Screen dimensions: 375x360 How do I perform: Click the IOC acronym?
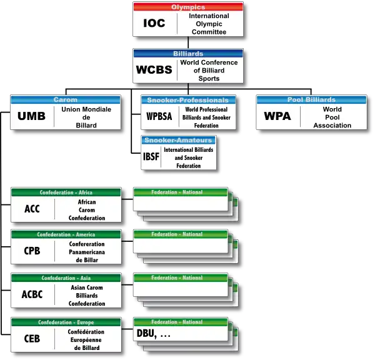[x=154, y=23]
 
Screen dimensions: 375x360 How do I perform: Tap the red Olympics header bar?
[x=188, y=7]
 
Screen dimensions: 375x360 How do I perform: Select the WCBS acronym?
[x=154, y=69]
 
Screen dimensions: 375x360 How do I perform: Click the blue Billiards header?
[x=188, y=54]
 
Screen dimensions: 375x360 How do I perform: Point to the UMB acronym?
[x=32, y=116]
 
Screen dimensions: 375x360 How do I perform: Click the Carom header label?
[x=66, y=100]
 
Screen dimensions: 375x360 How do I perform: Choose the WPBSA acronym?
[x=159, y=116]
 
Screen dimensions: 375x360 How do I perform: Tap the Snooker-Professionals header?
[x=188, y=100]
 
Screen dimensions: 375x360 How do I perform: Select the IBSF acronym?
[x=151, y=157]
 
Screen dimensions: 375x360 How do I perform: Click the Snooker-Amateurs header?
[x=178, y=140]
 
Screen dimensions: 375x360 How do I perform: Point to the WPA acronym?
[x=277, y=116]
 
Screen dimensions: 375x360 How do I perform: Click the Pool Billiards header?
[x=311, y=100]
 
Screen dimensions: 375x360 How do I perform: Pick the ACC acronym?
[x=32, y=209]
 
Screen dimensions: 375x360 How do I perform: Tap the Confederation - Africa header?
[x=66, y=192]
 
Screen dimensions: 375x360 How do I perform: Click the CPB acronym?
[x=32, y=251]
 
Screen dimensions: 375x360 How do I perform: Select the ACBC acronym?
[x=32, y=294]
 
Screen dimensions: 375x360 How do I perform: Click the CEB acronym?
[x=32, y=339]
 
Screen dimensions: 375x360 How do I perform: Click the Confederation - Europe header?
[x=66, y=322]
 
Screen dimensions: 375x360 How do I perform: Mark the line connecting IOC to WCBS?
[x=188, y=42]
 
